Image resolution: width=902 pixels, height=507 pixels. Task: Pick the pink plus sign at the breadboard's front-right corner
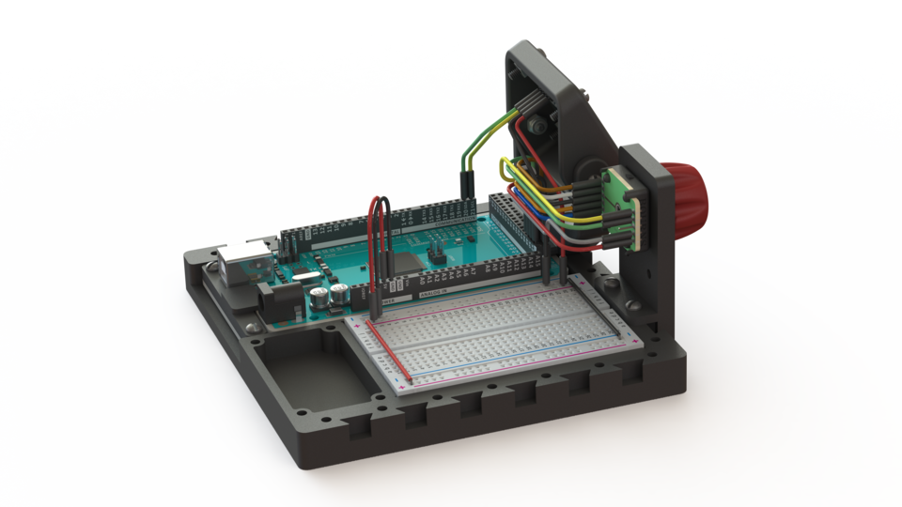click(x=405, y=386)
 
